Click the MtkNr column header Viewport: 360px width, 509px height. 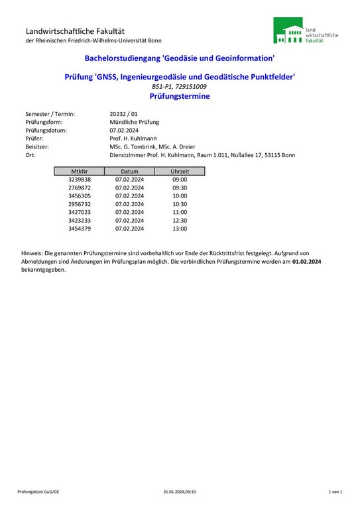80,171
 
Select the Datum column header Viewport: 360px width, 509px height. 129,171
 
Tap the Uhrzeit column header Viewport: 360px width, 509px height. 180,171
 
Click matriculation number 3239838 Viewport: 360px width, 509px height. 80,180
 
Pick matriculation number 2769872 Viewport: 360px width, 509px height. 80,188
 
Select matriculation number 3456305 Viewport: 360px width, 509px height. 80,196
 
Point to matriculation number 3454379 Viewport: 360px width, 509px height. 80,229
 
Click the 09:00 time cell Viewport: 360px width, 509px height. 180,180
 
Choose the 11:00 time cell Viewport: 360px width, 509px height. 180,212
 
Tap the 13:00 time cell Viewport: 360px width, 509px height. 180,229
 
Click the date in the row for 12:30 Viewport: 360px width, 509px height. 129,221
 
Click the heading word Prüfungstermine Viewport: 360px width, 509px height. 180,96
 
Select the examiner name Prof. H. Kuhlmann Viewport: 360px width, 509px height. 133,139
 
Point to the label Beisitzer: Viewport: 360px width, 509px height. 39,146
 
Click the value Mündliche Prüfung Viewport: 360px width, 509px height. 135,122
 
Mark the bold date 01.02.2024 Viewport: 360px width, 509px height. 306,262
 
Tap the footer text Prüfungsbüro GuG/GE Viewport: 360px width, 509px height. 38,492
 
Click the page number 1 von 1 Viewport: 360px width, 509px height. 335,492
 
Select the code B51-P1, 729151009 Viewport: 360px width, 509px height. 180,87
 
